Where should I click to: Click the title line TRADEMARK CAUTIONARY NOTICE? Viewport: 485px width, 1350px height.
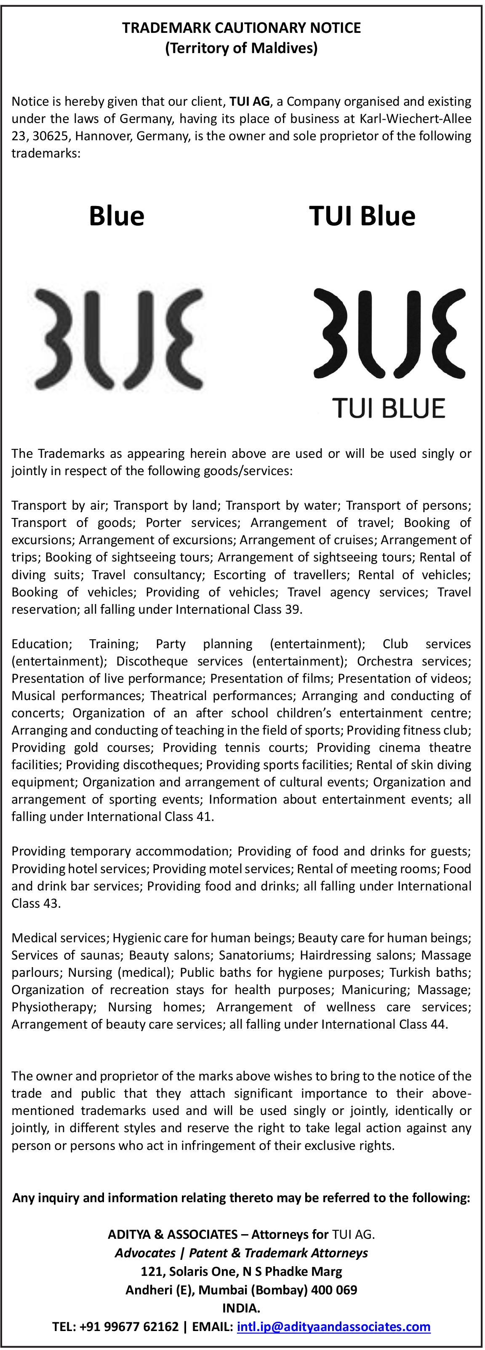(x=242, y=28)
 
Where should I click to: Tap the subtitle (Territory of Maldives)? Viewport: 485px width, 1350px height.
(x=242, y=49)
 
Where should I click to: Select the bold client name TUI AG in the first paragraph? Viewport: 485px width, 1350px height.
(x=249, y=101)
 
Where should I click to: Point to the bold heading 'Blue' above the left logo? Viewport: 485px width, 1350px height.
(x=116, y=216)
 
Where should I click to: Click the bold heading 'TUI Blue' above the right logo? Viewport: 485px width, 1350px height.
(x=362, y=216)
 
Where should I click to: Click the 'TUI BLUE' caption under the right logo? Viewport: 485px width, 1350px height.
(x=389, y=408)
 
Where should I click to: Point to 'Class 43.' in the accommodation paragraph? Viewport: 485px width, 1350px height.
(x=36, y=904)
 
